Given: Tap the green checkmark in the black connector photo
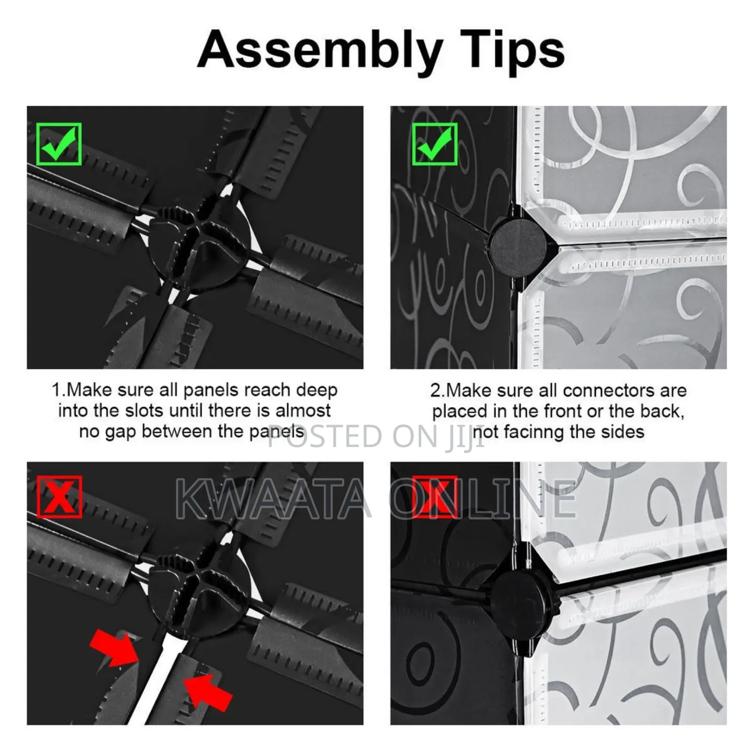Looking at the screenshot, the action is (x=59, y=144).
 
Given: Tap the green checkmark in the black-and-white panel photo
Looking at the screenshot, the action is (x=435, y=144).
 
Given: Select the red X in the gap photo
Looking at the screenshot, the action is (x=59, y=497).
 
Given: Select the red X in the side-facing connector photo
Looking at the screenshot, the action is (x=435, y=497).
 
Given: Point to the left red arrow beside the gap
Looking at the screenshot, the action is (x=114, y=647).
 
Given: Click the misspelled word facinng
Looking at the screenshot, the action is (x=533, y=431).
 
